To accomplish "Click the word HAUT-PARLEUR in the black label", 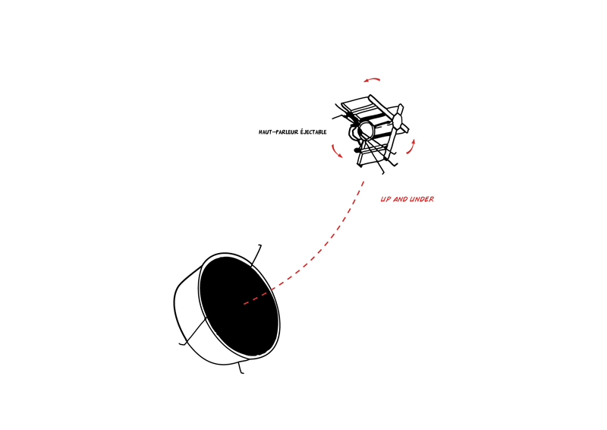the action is (x=278, y=132).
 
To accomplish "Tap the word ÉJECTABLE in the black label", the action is (x=313, y=132).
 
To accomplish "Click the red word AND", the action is (x=401, y=199).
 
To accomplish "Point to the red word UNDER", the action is (x=422, y=199).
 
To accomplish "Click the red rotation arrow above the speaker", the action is (x=372, y=80).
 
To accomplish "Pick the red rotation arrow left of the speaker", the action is (x=336, y=151).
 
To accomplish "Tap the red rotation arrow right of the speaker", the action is (x=411, y=147).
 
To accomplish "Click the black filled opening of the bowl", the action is (x=239, y=306).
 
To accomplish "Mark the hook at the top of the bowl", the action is (x=256, y=255).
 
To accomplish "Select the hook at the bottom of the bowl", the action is (x=241, y=368).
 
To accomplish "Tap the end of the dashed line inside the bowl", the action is (x=244, y=305).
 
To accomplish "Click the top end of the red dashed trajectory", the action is (x=364, y=182).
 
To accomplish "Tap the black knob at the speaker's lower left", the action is (x=357, y=150).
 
